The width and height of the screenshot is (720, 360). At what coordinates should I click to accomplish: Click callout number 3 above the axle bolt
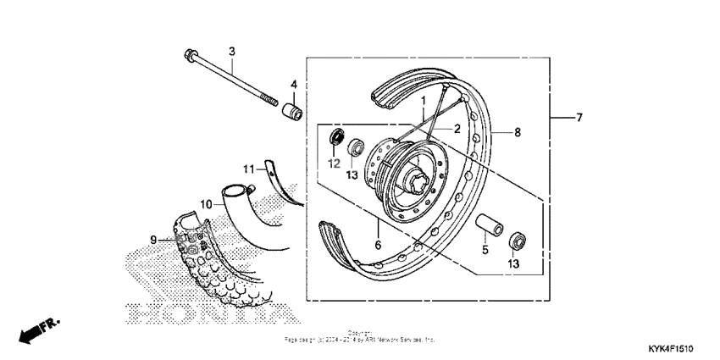click(x=231, y=51)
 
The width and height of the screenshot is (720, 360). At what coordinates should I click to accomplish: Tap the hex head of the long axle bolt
click(x=188, y=58)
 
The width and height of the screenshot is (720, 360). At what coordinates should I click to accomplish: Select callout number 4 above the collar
click(x=294, y=85)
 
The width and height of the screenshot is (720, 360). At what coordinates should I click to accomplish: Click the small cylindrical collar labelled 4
click(x=293, y=111)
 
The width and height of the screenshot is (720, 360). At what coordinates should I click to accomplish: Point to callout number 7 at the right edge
click(x=579, y=118)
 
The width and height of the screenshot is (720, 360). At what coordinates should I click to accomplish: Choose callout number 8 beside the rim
click(x=518, y=132)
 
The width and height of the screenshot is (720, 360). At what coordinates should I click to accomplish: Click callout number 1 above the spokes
click(x=422, y=101)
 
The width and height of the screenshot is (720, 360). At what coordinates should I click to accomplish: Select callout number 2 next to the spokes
click(x=456, y=130)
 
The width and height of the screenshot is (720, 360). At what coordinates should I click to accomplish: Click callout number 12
click(x=334, y=163)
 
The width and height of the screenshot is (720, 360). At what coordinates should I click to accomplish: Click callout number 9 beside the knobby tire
click(x=154, y=240)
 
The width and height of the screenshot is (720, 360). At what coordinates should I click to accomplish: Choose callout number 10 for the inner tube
click(x=205, y=204)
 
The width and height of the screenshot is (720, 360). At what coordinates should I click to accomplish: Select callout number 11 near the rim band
click(x=247, y=169)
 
